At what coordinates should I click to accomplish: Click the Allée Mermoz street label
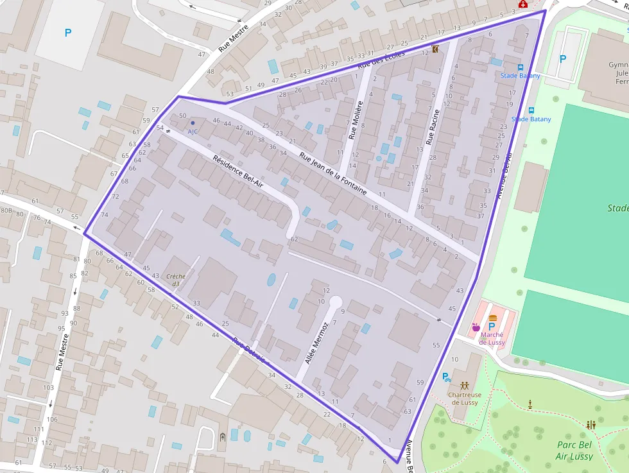pos(316,344)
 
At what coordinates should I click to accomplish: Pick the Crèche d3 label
pos(175,280)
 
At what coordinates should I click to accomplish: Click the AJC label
pos(193,131)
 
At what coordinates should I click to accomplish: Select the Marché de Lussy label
pos(492,338)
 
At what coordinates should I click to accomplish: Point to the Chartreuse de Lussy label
pos(464,398)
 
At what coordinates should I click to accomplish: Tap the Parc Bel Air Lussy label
pos(574,450)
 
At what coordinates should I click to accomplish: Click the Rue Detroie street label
pos(249,350)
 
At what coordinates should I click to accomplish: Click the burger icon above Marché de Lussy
pos(493,318)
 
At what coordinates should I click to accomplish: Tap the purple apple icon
pos(476,327)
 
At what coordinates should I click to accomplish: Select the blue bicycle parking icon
pos(445,378)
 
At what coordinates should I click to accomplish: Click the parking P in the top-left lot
pos(68,32)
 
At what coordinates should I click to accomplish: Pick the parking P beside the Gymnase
pos(563,59)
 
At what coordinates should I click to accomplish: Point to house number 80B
pos(6,210)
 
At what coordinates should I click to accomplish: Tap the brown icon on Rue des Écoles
pos(436,49)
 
